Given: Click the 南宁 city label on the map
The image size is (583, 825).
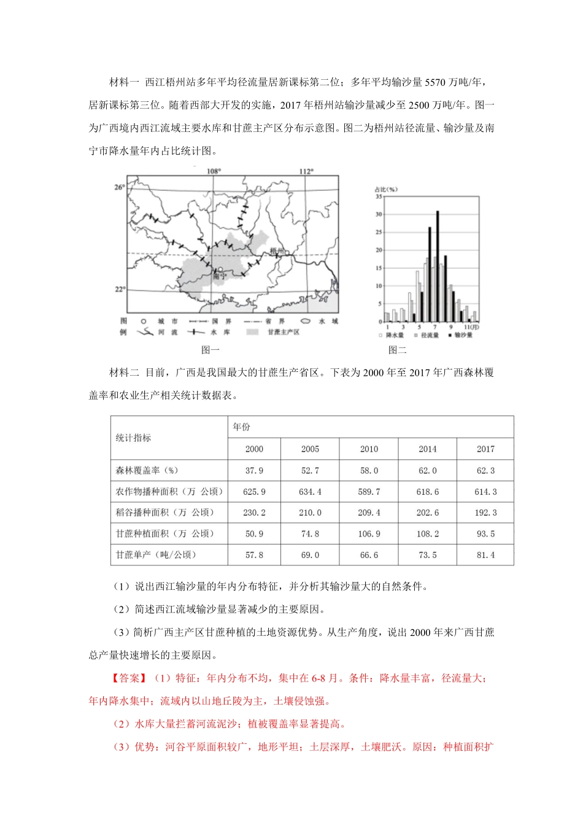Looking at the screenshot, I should click(x=219, y=277).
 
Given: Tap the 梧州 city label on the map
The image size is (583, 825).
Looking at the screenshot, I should click(x=277, y=250).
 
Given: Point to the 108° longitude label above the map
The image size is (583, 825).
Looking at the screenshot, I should click(x=214, y=171).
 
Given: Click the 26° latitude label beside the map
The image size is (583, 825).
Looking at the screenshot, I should click(x=119, y=187).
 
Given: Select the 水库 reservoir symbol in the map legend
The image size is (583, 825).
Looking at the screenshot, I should click(x=196, y=332).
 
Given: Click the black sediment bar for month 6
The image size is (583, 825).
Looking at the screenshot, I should click(x=430, y=274).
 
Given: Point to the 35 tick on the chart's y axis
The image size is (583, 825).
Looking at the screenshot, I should click(x=379, y=196).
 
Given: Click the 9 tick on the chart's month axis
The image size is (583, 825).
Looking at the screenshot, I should click(x=451, y=327).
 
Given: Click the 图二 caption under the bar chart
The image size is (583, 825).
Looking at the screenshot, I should click(x=397, y=350).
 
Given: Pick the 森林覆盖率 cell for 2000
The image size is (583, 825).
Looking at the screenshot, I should click(x=254, y=470).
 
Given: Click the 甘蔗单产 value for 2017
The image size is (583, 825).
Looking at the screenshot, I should click(x=485, y=555).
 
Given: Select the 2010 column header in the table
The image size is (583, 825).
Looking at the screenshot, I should click(x=369, y=449).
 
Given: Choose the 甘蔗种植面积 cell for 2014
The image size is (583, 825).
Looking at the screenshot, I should click(x=427, y=534).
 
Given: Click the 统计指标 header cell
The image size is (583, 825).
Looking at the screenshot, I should click(x=133, y=438).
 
